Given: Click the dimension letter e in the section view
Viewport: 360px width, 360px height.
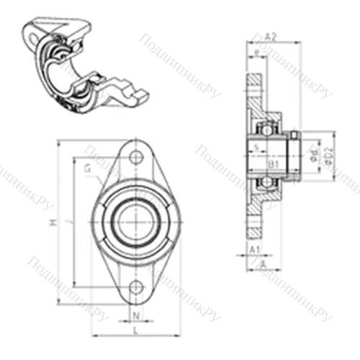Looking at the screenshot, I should coord(257,53).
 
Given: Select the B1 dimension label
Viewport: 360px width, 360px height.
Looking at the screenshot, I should coord(274,166).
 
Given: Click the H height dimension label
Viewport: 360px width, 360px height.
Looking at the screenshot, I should coord(52,224).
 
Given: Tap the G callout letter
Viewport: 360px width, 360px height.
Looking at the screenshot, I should coord(86,168).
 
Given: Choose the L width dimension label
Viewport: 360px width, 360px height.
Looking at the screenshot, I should coord(135,330).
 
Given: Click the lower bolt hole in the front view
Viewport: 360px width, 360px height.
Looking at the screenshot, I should coord(136,288).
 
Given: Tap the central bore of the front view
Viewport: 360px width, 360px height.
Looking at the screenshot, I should coord(135,222).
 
